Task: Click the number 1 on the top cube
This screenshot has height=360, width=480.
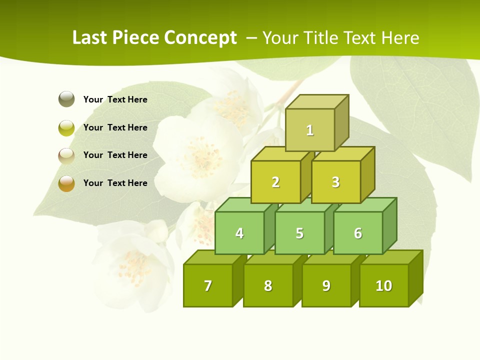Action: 310,130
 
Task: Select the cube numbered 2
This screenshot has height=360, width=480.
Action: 275,182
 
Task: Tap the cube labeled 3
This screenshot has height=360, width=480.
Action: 335,182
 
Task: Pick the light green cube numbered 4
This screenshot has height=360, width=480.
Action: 239,233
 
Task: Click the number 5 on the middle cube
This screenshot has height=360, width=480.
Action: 299,233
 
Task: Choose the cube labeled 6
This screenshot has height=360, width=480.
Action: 358,233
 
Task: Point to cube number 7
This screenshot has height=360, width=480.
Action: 208,285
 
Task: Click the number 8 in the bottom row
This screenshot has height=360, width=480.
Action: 268,285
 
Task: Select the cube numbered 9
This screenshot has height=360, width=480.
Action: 326,285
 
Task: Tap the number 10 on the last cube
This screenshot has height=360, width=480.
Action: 384,285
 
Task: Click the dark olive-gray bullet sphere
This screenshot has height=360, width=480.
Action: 66,99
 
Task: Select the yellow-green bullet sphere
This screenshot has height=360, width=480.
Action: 66,128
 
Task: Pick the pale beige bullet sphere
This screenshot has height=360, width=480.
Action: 66,155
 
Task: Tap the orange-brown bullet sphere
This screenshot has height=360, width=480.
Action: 66,183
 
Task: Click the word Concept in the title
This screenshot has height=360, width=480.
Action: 200,38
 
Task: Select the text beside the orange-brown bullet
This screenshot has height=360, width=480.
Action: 115,183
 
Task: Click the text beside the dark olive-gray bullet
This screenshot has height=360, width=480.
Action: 115,99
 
